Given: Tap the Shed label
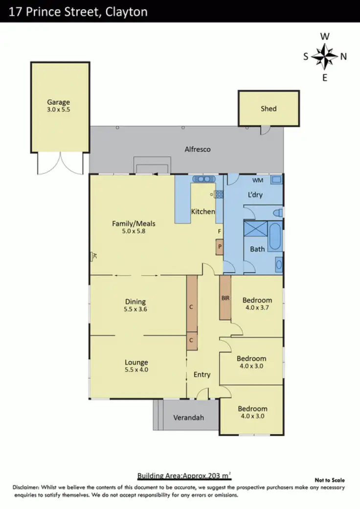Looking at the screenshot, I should [269, 109].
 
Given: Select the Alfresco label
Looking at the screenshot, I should [197, 149].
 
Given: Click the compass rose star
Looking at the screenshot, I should [324, 56].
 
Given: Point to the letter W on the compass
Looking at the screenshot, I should [324, 36].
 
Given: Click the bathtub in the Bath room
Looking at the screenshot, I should [275, 237].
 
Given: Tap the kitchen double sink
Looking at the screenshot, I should [201, 180].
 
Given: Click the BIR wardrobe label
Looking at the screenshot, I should [225, 298].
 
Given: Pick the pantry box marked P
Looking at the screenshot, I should [220, 247].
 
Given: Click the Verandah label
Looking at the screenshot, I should [189, 417].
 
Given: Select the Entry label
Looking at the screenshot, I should [202, 374].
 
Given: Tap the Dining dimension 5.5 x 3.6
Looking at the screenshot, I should [136, 309].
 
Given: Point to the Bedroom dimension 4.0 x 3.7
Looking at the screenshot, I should [257, 308].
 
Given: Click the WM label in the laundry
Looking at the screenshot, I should [258, 181].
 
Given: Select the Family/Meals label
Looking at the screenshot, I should [134, 224].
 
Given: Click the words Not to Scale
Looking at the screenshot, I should [330, 480].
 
